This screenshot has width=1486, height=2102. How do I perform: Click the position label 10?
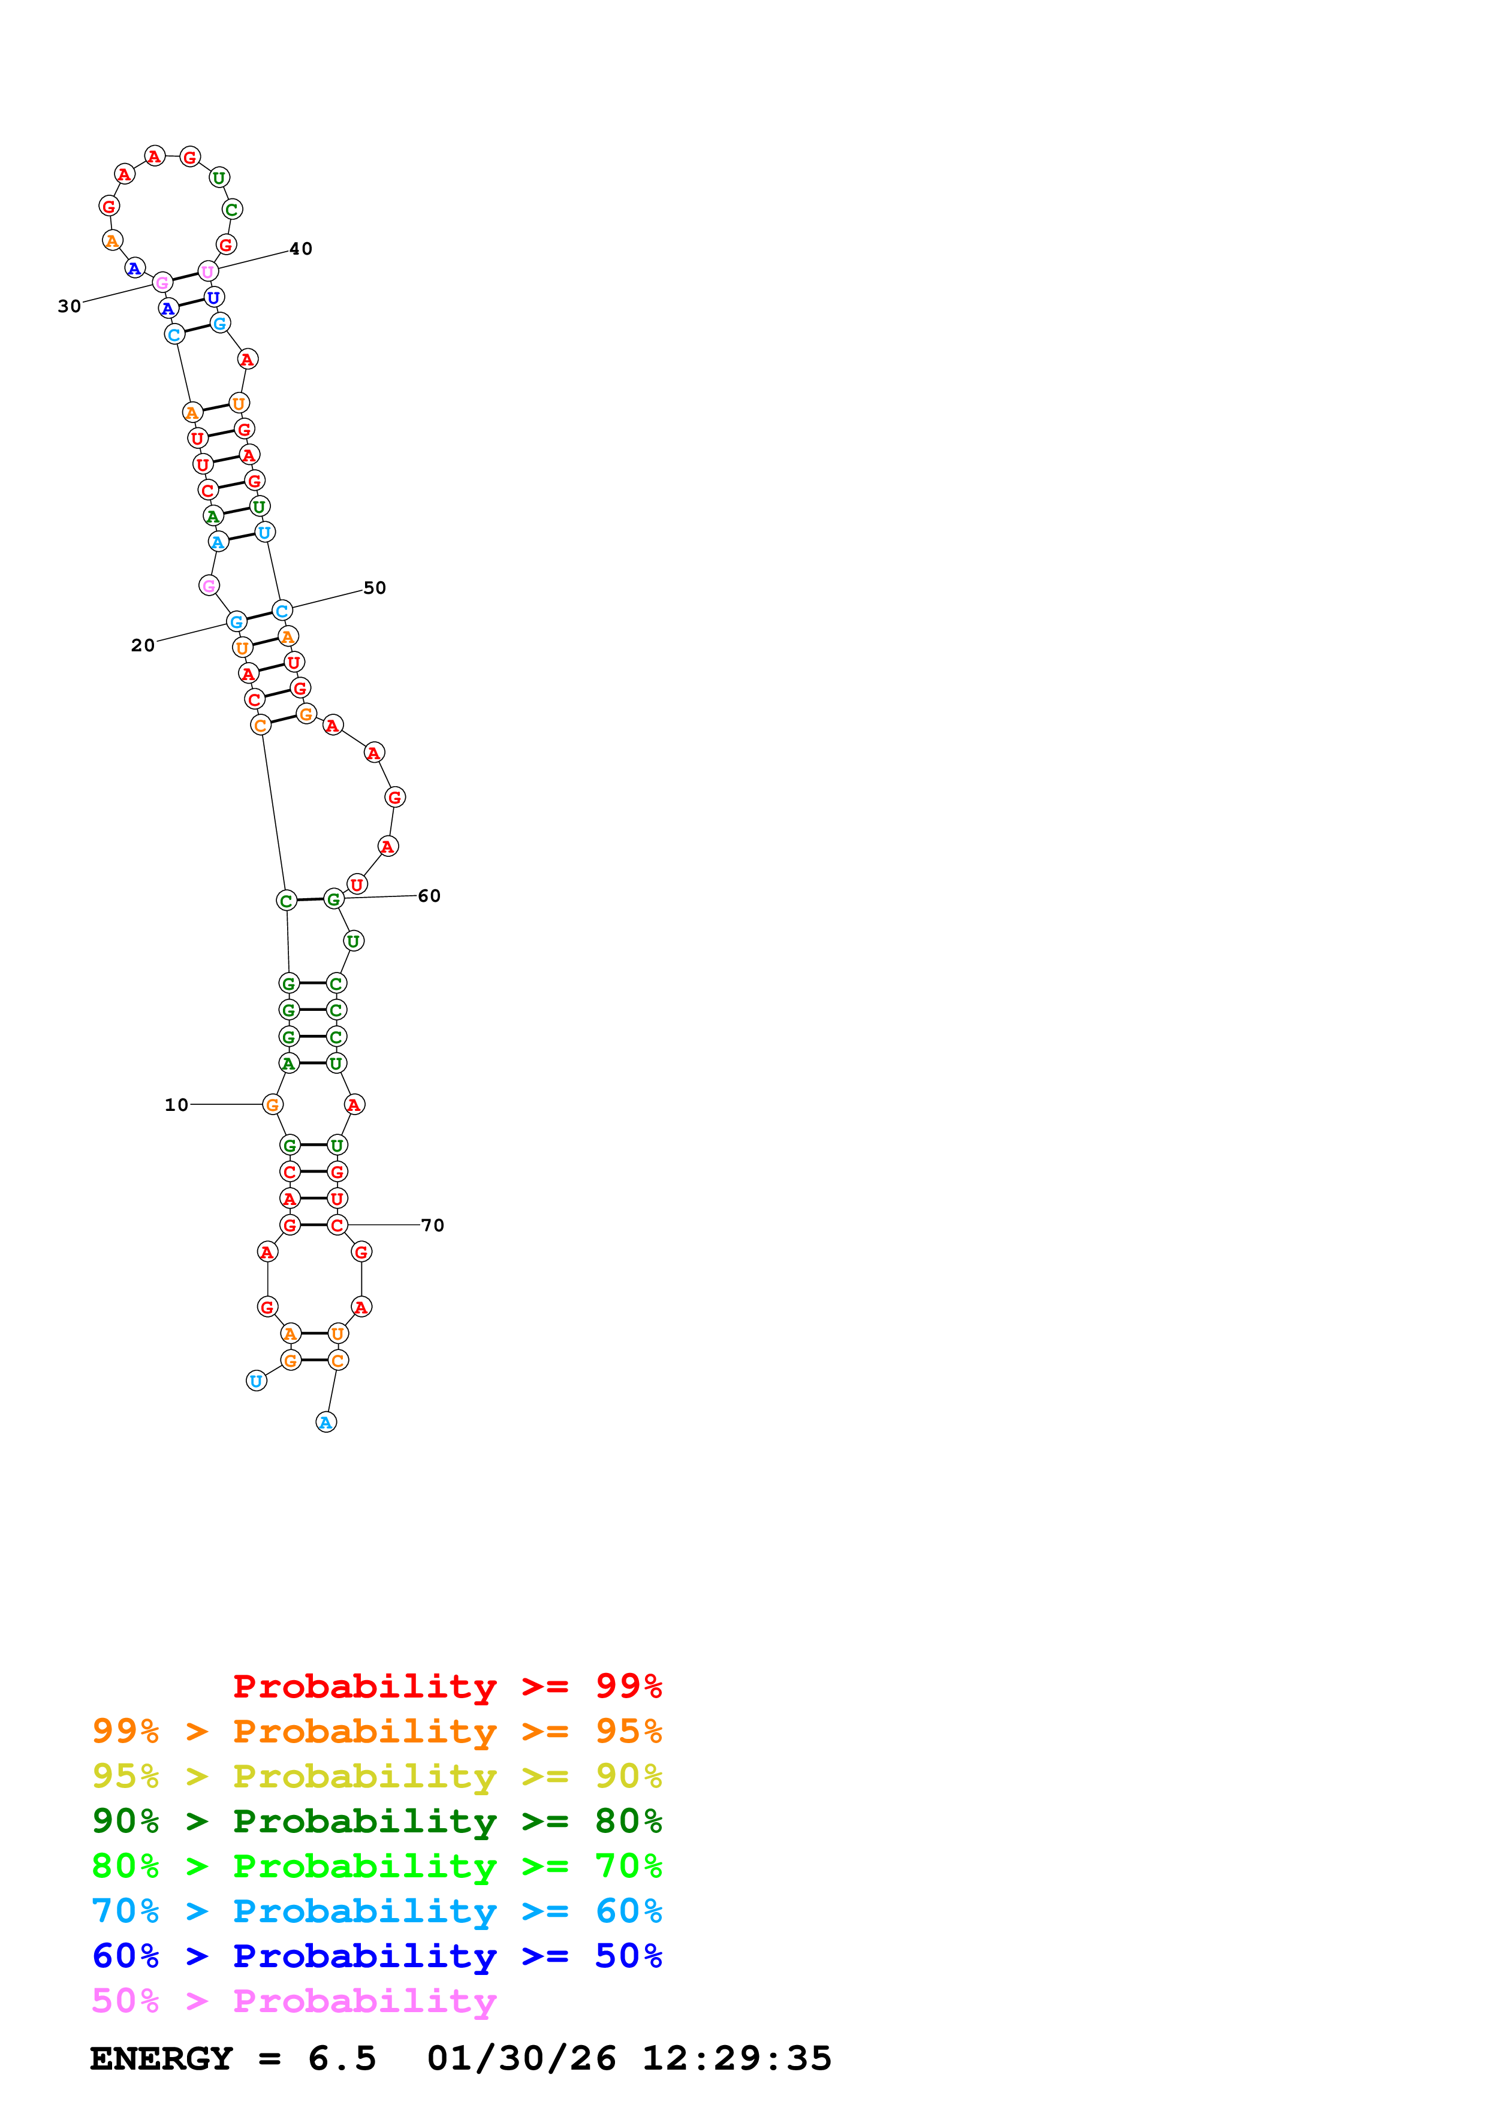click(x=176, y=1105)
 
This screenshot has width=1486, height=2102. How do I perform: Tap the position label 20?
click(x=142, y=645)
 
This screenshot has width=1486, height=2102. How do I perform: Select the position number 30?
click(x=69, y=307)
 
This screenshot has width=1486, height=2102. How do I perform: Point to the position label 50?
click(x=375, y=588)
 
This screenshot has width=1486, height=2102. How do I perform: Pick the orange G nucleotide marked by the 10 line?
click(x=272, y=1105)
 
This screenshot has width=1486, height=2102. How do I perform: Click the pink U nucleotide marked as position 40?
click(x=208, y=271)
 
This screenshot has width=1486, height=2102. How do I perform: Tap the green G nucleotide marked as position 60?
click(x=333, y=900)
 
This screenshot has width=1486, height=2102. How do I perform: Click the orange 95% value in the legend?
click(x=628, y=1730)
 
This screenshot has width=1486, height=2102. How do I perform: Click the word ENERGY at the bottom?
click(x=161, y=2058)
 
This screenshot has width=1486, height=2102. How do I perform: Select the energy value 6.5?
click(x=342, y=2058)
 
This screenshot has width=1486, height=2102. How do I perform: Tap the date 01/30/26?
click(x=521, y=2058)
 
